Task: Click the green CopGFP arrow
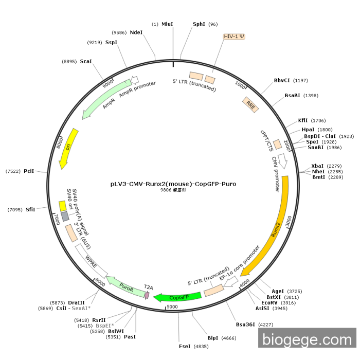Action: pos(177,297)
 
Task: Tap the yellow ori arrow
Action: pos(68,148)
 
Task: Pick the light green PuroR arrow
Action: pos(126,287)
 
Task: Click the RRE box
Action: pos(251,105)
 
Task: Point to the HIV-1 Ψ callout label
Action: pos(234,37)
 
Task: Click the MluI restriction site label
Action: pos(167,24)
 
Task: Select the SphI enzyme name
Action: pos(199,24)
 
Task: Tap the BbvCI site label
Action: pos(282,80)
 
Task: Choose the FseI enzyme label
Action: pos(185,346)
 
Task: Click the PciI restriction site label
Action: pos(29,171)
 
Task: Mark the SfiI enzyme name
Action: pos(30,209)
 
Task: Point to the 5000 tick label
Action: pos(172,307)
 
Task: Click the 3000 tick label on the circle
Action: pos(289,221)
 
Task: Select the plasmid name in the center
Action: pos(173,184)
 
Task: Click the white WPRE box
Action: pos(92,261)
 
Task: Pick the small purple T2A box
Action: pos(147,295)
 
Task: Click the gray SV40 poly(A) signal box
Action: pos(65,217)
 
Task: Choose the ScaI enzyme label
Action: pos(86,61)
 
